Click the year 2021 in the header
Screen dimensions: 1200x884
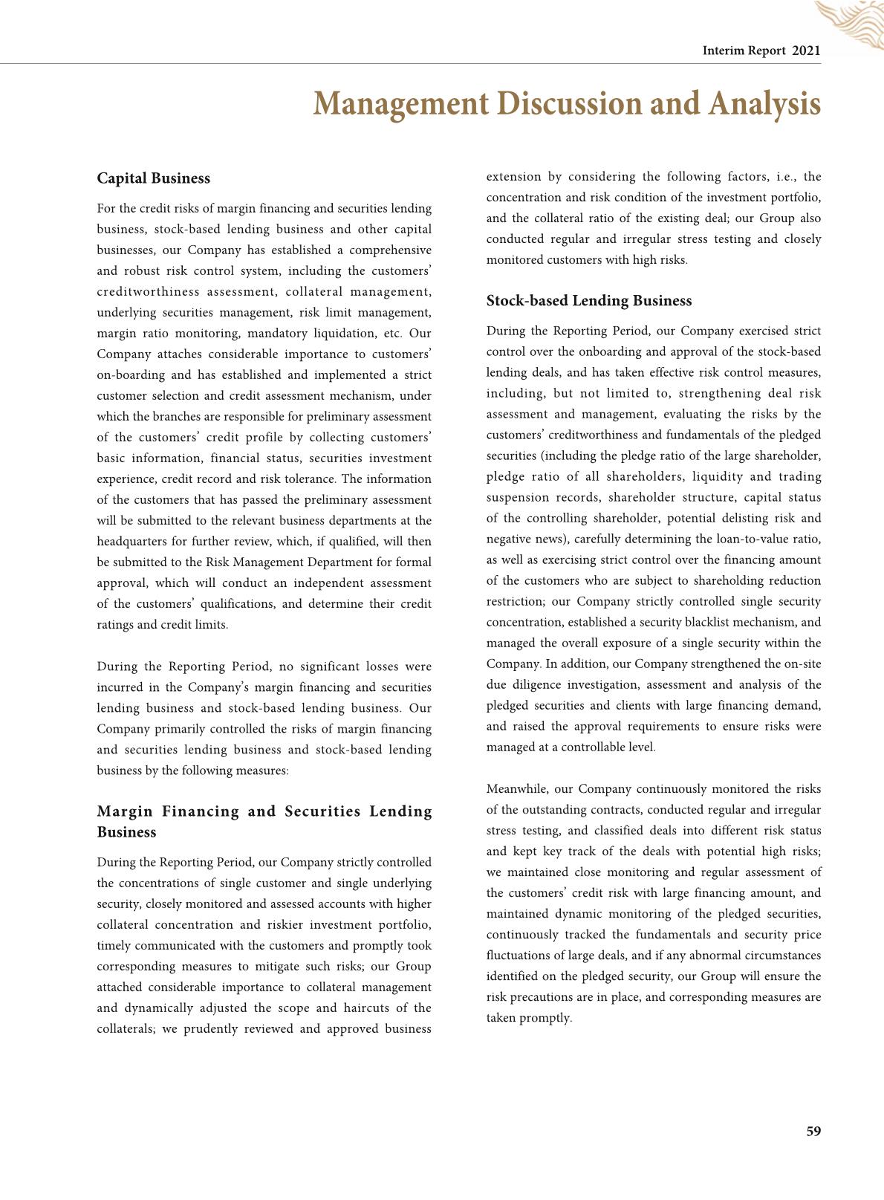coord(807,51)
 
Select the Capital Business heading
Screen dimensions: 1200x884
coord(153,178)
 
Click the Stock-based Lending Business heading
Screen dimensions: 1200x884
coord(588,301)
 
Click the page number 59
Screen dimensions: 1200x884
coord(813,1132)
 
